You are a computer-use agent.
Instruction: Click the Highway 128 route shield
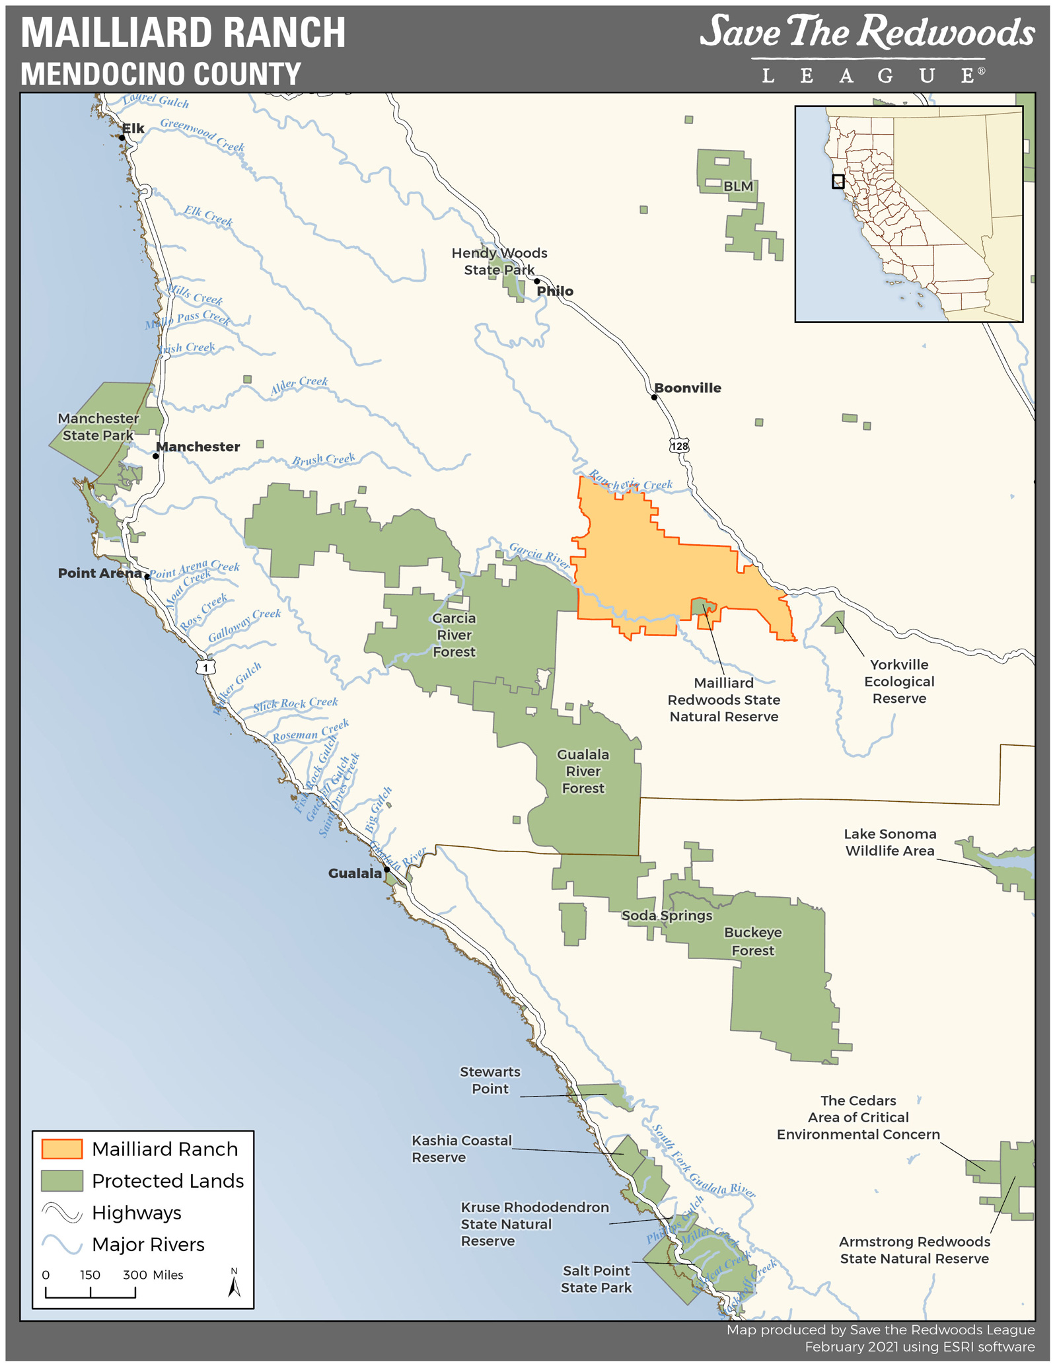pyautogui.click(x=679, y=446)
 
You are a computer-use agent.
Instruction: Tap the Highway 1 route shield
pyautogui.click(x=205, y=667)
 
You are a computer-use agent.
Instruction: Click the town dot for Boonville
pyautogui.click(x=654, y=397)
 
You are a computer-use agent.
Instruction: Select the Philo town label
pyautogui.click(x=555, y=291)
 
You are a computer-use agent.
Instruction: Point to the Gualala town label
pyautogui.click(x=355, y=873)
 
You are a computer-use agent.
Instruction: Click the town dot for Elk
pyautogui.click(x=122, y=138)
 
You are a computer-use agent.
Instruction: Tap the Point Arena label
pyautogui.click(x=100, y=573)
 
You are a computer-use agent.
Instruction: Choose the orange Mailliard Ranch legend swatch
pyautogui.click(x=62, y=1149)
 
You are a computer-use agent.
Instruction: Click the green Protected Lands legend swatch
pyautogui.click(x=62, y=1180)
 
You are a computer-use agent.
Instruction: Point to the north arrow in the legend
pyautogui.click(x=234, y=1285)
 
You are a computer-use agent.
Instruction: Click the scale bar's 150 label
pyautogui.click(x=90, y=1275)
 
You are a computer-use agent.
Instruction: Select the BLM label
pyautogui.click(x=738, y=186)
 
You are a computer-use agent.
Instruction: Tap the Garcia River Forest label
pyautogui.click(x=454, y=635)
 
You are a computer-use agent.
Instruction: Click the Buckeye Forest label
pyautogui.click(x=752, y=941)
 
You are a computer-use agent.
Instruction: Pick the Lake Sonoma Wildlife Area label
pyautogui.click(x=890, y=842)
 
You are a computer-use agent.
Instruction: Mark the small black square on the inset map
pyautogui.click(x=838, y=181)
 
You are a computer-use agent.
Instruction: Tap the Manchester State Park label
pyautogui.click(x=98, y=427)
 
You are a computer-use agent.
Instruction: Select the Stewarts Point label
pyautogui.click(x=490, y=1080)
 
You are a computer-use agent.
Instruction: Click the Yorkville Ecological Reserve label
pyautogui.click(x=899, y=682)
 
